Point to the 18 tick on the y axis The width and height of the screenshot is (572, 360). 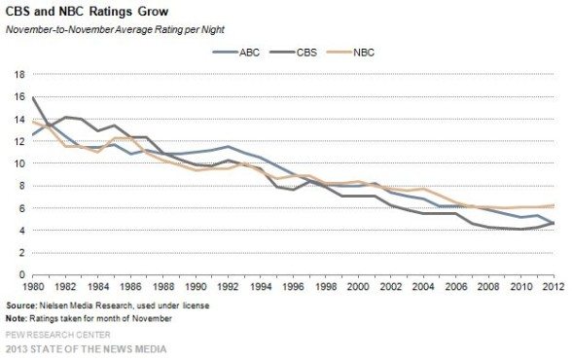coord(18,75)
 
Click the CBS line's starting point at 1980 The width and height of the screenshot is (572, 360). coord(34,97)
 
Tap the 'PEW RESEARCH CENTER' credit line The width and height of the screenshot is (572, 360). coord(59,336)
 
